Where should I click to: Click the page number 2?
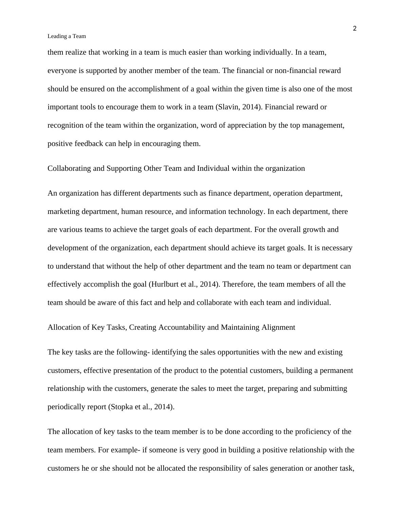pos(355,29)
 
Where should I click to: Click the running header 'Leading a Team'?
pos(67,36)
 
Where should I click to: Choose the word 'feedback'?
pos(86,144)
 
